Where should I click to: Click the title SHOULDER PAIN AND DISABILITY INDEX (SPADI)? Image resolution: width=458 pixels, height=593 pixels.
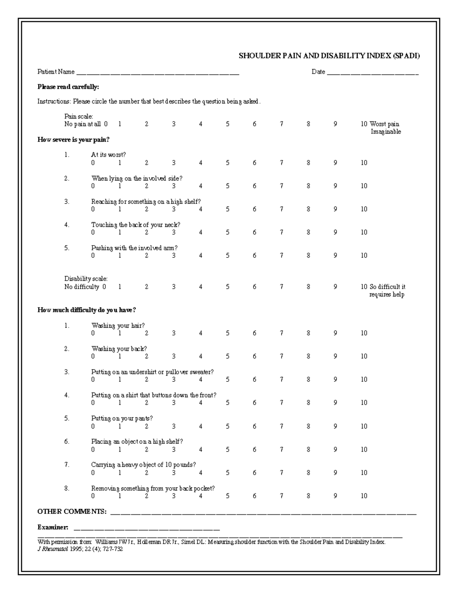click(329, 56)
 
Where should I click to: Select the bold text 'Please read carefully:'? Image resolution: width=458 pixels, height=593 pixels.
click(68, 87)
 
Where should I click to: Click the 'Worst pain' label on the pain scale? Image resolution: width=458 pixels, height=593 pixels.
click(384, 124)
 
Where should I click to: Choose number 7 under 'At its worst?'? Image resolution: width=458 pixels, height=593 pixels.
click(281, 163)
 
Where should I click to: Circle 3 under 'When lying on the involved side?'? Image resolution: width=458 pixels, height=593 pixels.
click(174, 186)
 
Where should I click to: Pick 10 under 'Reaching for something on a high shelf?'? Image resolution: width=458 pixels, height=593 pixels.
click(364, 209)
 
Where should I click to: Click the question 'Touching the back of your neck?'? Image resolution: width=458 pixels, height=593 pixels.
click(135, 225)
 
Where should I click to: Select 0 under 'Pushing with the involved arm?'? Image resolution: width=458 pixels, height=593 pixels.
click(93, 255)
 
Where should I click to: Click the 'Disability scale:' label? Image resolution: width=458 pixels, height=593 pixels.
click(86, 279)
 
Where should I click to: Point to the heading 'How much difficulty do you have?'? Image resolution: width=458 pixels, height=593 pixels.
click(87, 310)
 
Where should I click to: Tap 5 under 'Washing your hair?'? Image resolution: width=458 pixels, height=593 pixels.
click(227, 333)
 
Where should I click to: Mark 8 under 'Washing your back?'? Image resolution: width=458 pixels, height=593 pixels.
click(308, 356)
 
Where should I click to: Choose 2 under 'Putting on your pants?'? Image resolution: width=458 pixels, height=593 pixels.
click(147, 426)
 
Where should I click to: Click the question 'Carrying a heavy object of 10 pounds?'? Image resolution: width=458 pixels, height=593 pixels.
click(143, 465)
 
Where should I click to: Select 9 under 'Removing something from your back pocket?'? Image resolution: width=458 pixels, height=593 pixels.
click(335, 496)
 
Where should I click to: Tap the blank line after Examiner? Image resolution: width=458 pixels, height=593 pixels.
click(147, 529)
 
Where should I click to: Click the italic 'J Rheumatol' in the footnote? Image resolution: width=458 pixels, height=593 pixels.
click(52, 549)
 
